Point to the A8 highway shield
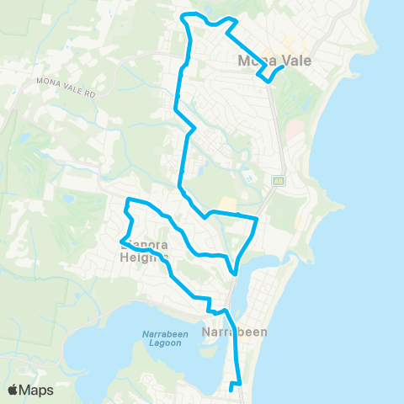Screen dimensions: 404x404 [277, 179]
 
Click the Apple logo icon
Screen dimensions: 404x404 [13, 390]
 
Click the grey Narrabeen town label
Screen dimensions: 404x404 [235, 332]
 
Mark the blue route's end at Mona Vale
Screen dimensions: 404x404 [281, 67]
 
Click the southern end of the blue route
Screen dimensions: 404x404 [230, 390]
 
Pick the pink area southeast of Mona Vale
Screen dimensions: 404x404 [295, 130]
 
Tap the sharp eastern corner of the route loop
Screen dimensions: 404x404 [256, 219]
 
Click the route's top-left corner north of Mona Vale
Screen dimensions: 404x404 [185, 15]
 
